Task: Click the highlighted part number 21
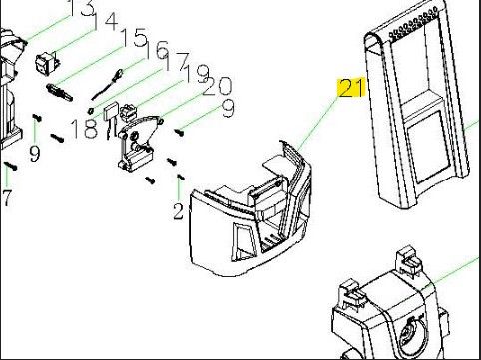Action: (x=351, y=88)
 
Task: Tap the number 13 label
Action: (x=82, y=7)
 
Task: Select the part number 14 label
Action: (x=104, y=22)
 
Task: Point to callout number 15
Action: (x=134, y=37)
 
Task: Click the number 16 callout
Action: (x=157, y=50)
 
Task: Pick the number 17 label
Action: (x=177, y=62)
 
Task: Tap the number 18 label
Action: (x=85, y=129)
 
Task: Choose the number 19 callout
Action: (x=197, y=73)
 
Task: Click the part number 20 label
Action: (x=217, y=86)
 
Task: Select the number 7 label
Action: (x=7, y=198)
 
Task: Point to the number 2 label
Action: (x=179, y=211)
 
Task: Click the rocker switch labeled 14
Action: (x=47, y=64)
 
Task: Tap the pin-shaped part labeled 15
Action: (x=59, y=92)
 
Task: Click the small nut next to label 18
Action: (x=90, y=110)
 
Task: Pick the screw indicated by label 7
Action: (x=11, y=166)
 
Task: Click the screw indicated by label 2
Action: (x=181, y=177)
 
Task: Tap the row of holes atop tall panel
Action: (x=413, y=23)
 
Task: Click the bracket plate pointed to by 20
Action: (x=138, y=143)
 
